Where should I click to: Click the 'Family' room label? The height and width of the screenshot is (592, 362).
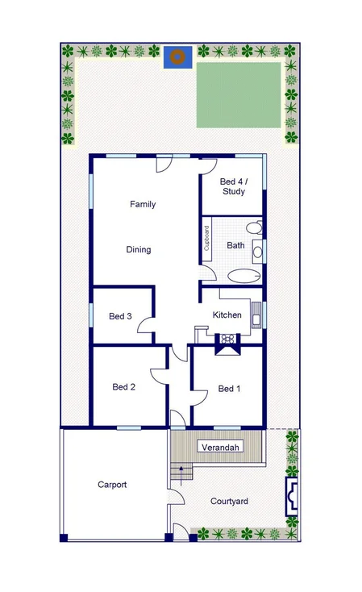(x=143, y=205)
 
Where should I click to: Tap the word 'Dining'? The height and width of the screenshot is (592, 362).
(x=139, y=250)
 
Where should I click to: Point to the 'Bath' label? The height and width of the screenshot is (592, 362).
(x=235, y=245)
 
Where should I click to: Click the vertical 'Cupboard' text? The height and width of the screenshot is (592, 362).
(x=206, y=240)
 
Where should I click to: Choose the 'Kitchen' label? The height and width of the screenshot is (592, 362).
(x=227, y=315)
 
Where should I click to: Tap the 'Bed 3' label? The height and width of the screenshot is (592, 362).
(x=120, y=316)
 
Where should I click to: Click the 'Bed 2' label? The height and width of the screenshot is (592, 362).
(x=123, y=387)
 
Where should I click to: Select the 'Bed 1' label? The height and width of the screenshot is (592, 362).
(x=230, y=389)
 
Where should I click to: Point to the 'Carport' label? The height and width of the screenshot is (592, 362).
(x=112, y=485)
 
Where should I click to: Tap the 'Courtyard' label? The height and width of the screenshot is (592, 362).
(x=229, y=502)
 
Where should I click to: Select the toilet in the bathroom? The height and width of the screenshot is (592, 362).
(x=255, y=227)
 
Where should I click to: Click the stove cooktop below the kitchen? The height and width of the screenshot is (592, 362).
(x=226, y=340)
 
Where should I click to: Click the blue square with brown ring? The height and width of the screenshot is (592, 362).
(x=176, y=56)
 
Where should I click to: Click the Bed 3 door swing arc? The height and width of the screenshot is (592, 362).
(x=146, y=328)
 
